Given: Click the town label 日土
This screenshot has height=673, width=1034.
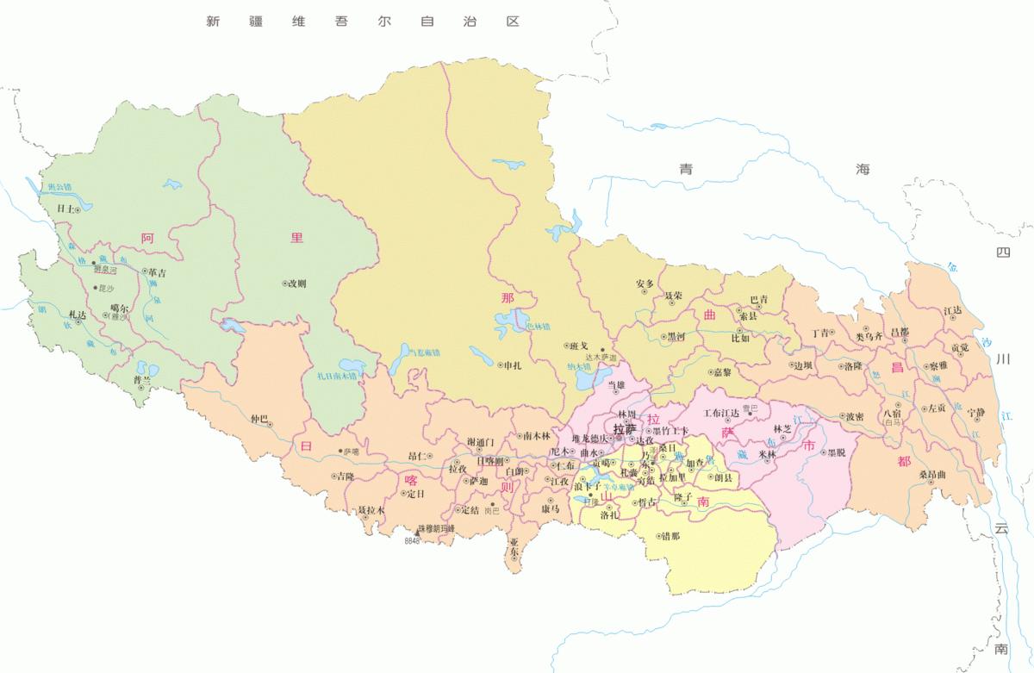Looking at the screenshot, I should tap(65, 209).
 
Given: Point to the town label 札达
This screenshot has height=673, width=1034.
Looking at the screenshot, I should tap(77, 315).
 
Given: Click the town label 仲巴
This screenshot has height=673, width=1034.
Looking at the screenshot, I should tap(258, 420).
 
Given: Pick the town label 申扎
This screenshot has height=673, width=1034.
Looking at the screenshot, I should tap(512, 365).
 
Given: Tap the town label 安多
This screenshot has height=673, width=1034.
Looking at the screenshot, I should tap(645, 284).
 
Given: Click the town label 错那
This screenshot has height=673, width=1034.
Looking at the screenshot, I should tap(670, 536).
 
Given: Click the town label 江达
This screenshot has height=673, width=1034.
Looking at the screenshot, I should tap(952, 310).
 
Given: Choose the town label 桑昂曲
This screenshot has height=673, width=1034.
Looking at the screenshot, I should tap(932, 475).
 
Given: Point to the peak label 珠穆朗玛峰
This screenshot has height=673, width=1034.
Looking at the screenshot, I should tap(436, 528).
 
